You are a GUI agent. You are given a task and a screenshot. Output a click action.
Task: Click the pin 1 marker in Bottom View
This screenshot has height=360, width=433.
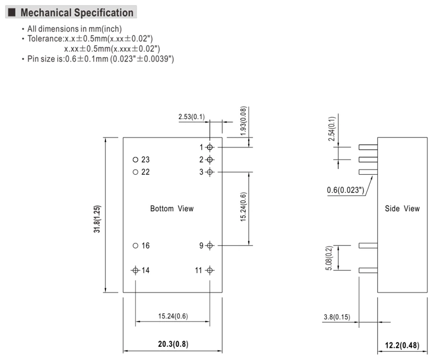(209, 148)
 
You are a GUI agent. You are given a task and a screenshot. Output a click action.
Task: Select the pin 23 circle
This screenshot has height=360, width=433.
(136, 159)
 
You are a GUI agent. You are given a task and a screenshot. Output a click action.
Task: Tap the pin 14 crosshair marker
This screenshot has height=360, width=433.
(136, 270)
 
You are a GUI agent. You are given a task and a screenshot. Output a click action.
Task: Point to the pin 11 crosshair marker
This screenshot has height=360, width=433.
(209, 270)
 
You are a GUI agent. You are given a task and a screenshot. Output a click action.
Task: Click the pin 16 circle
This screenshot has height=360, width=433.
(136, 245)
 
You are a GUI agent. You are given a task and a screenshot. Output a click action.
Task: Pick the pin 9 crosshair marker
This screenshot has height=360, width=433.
(209, 245)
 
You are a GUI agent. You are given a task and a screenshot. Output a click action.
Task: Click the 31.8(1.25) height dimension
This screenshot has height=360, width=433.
(97, 219)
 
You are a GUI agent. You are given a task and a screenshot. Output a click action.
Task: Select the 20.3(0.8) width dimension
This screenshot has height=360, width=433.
(173, 344)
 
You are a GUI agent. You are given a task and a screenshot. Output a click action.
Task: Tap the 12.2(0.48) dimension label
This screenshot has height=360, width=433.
(402, 345)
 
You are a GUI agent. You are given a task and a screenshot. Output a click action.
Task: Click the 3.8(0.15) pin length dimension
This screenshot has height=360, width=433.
(337, 317)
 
